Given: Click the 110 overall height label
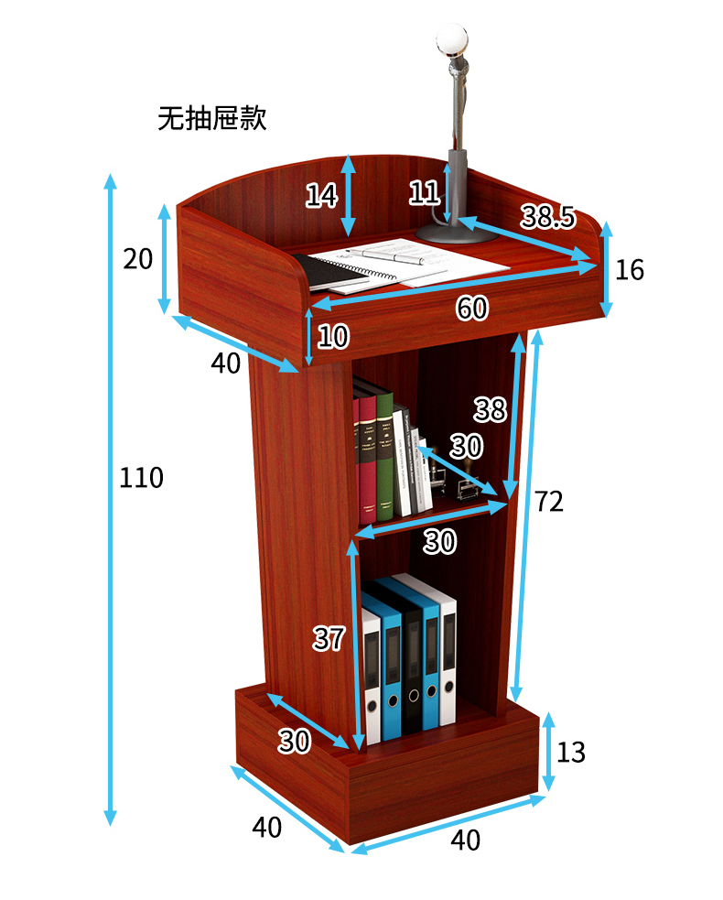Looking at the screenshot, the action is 141,477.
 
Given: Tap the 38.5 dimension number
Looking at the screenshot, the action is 547,217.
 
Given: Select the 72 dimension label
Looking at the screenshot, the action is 549,501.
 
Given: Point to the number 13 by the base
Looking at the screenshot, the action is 570,753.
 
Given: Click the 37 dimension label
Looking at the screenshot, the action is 329,638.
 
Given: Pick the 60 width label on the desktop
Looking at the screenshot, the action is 472,309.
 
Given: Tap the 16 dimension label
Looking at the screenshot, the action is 630,269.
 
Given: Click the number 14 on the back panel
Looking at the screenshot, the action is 321,195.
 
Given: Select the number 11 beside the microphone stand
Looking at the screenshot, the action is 425,192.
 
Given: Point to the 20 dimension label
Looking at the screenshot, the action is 137,259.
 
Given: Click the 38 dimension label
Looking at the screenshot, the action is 490,409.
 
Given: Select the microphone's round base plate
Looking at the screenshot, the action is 456,233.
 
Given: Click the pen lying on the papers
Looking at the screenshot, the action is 384,255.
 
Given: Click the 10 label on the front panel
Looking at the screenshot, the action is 333,337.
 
